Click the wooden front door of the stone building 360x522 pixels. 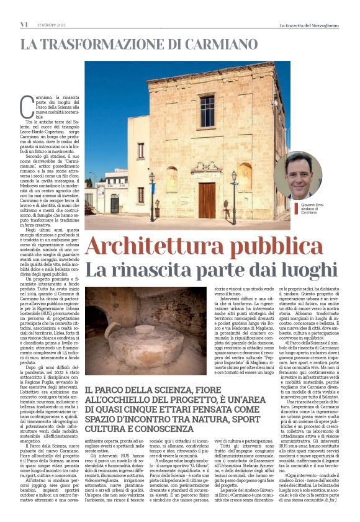[x=206, y=198]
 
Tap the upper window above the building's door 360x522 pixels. [x=207, y=111]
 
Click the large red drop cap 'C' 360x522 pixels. [x=27, y=106]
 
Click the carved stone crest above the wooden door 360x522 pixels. [x=206, y=167]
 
